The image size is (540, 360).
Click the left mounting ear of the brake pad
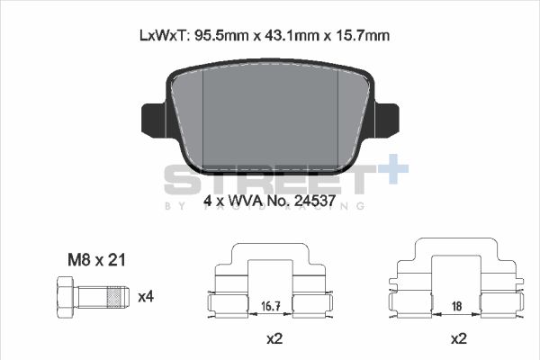coord(152,117)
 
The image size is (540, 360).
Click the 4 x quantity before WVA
coord(213,202)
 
